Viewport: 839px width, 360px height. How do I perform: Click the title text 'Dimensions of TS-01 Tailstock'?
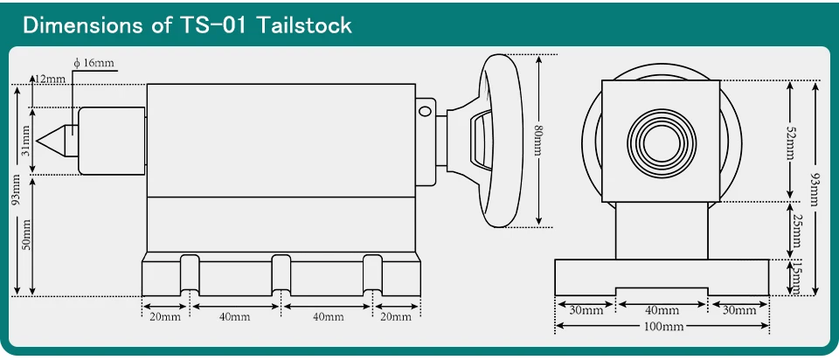coord(187,25)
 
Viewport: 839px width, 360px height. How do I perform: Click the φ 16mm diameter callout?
coord(94,63)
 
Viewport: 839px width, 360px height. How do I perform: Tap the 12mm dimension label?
coord(50,80)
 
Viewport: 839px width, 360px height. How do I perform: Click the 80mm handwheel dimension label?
coord(539,140)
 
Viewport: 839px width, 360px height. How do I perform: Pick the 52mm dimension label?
coord(790,141)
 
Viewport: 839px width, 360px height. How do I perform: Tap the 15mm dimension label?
coord(795,278)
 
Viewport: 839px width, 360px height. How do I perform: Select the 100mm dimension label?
coord(662,326)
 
